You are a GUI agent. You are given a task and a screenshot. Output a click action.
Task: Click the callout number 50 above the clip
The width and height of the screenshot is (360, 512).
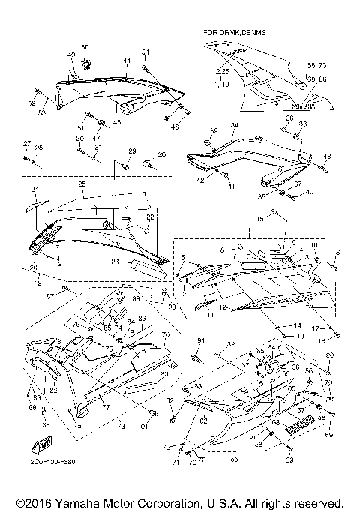(x=84, y=48)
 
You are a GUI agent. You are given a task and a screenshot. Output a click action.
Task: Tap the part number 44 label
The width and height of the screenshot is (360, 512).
(x=127, y=59)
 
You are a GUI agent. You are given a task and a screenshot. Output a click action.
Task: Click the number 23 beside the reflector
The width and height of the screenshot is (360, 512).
(x=115, y=261)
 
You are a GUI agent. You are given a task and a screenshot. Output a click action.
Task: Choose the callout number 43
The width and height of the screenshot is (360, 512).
(x=327, y=156)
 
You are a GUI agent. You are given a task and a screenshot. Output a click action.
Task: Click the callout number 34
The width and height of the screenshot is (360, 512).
(x=234, y=125)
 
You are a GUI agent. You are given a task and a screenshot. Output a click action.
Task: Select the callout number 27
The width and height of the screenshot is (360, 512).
(x=25, y=143)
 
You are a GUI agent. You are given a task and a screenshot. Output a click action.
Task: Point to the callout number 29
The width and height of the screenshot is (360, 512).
(x=132, y=151)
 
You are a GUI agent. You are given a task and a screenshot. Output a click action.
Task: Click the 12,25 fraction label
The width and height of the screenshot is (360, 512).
(x=219, y=72)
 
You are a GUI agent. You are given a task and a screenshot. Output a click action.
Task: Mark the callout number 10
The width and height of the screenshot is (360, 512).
(x=313, y=246)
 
